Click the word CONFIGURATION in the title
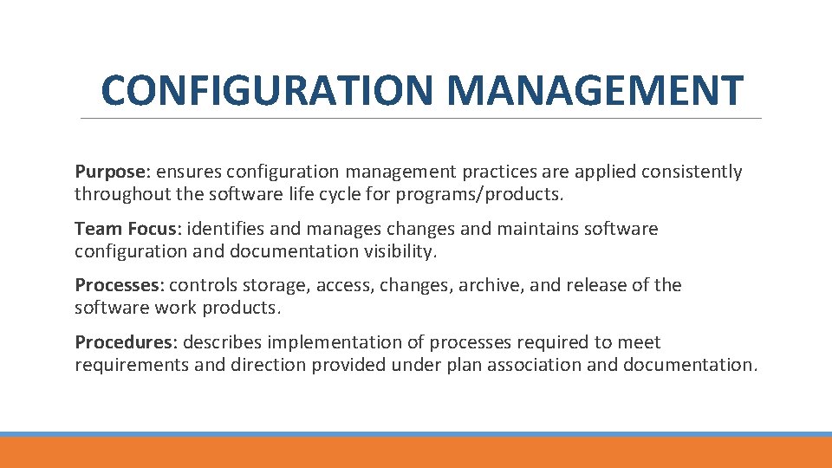[269, 90]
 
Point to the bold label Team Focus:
[128, 229]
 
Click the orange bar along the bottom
[416, 452]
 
